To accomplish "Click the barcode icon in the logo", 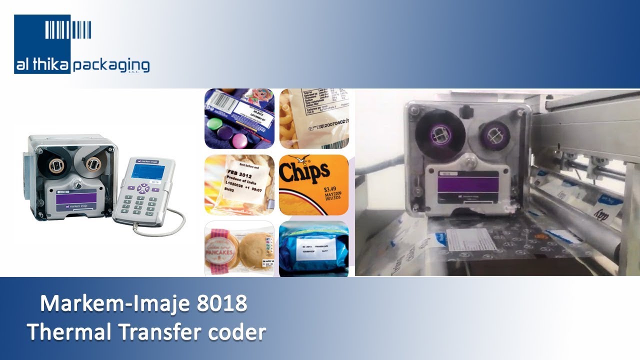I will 68,29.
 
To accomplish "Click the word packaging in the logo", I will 111,65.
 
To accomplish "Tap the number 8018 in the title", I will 222,303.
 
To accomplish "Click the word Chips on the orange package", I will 304,173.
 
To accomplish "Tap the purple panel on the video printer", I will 468,186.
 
